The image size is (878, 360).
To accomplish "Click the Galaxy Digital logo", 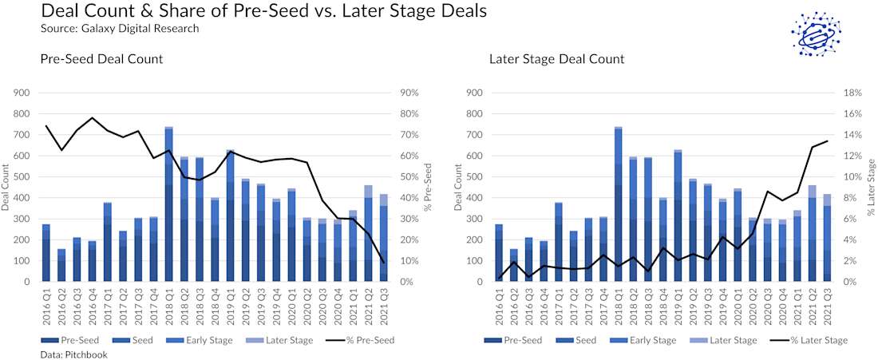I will (816, 34).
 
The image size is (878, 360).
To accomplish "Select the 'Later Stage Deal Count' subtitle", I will (556, 59).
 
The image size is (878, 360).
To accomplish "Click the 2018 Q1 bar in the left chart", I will (169, 204).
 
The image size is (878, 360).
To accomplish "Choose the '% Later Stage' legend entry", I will (813, 340).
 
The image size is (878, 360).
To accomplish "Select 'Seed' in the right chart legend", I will (583, 340).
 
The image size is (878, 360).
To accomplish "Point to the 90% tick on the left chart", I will (408, 93).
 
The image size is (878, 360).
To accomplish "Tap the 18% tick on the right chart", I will (851, 93).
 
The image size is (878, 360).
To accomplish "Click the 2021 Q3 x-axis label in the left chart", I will (382, 308).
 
